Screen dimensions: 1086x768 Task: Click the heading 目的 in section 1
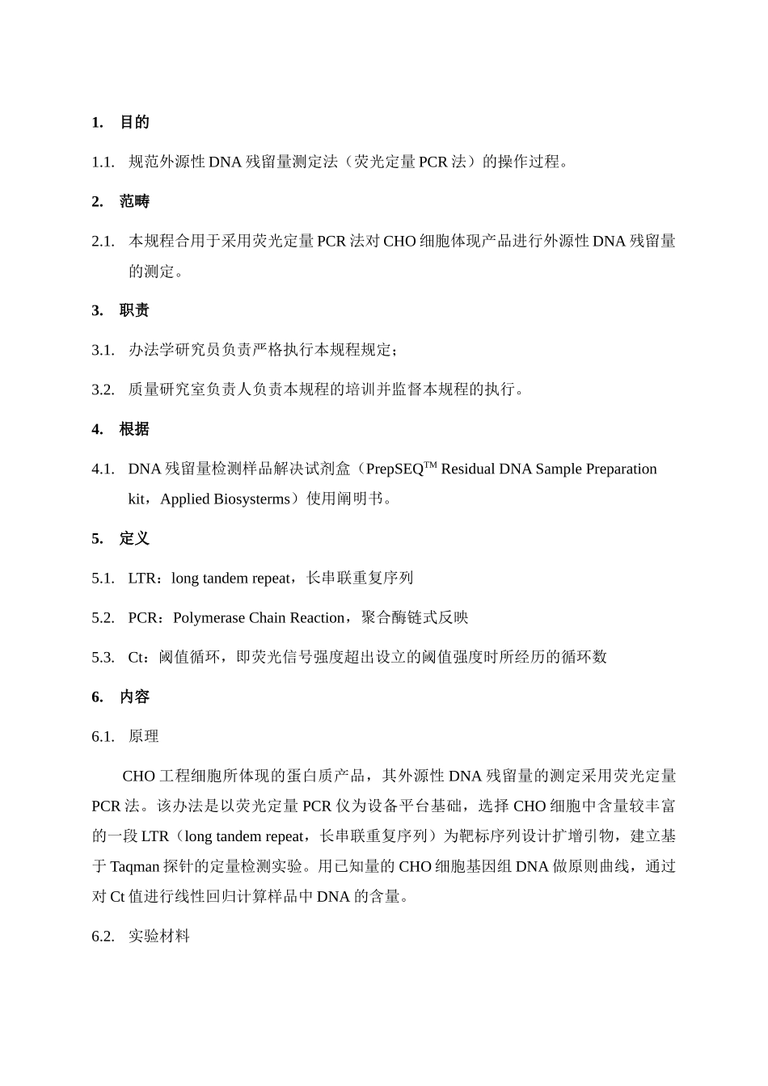point(134,122)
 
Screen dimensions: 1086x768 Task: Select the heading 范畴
point(134,201)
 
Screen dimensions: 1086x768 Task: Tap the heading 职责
point(134,310)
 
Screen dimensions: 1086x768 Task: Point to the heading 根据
point(134,429)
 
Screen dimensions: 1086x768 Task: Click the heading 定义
point(134,538)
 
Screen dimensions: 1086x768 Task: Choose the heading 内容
point(134,697)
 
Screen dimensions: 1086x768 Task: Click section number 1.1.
point(103,162)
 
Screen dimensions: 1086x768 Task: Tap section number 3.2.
point(103,389)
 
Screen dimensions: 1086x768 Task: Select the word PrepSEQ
point(395,469)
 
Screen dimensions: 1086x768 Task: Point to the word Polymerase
point(209,617)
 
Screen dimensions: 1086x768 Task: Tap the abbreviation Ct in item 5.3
point(137,657)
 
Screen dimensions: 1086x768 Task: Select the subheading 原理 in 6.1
point(144,736)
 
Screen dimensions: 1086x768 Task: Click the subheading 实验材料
point(159,936)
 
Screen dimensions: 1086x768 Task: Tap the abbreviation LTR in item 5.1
point(142,578)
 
